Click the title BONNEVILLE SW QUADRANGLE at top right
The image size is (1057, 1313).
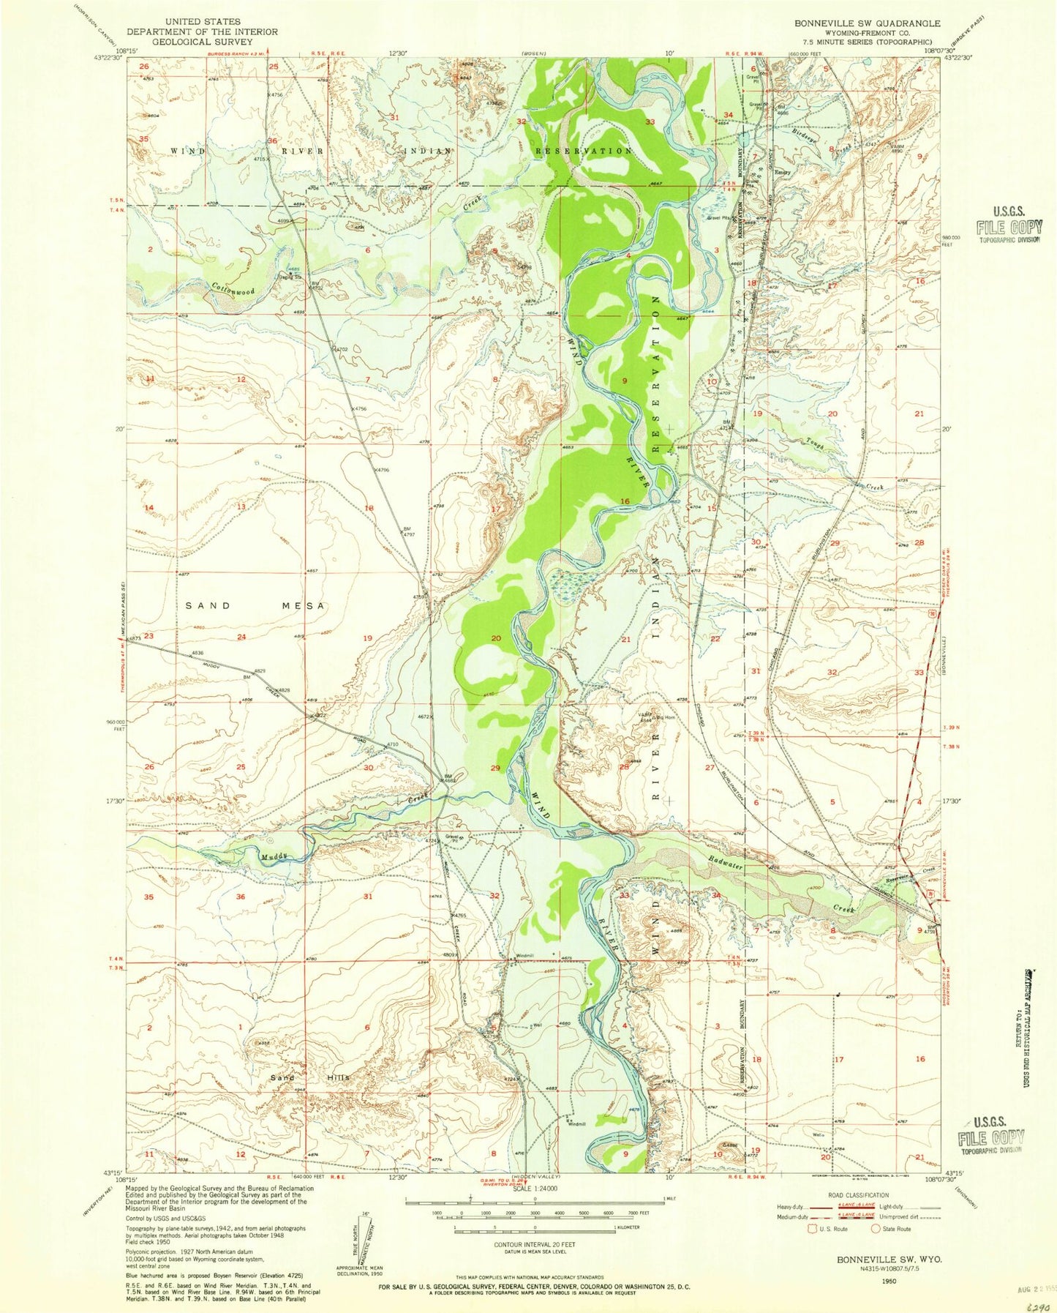pos(867,23)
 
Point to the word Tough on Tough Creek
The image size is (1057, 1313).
pos(815,441)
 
